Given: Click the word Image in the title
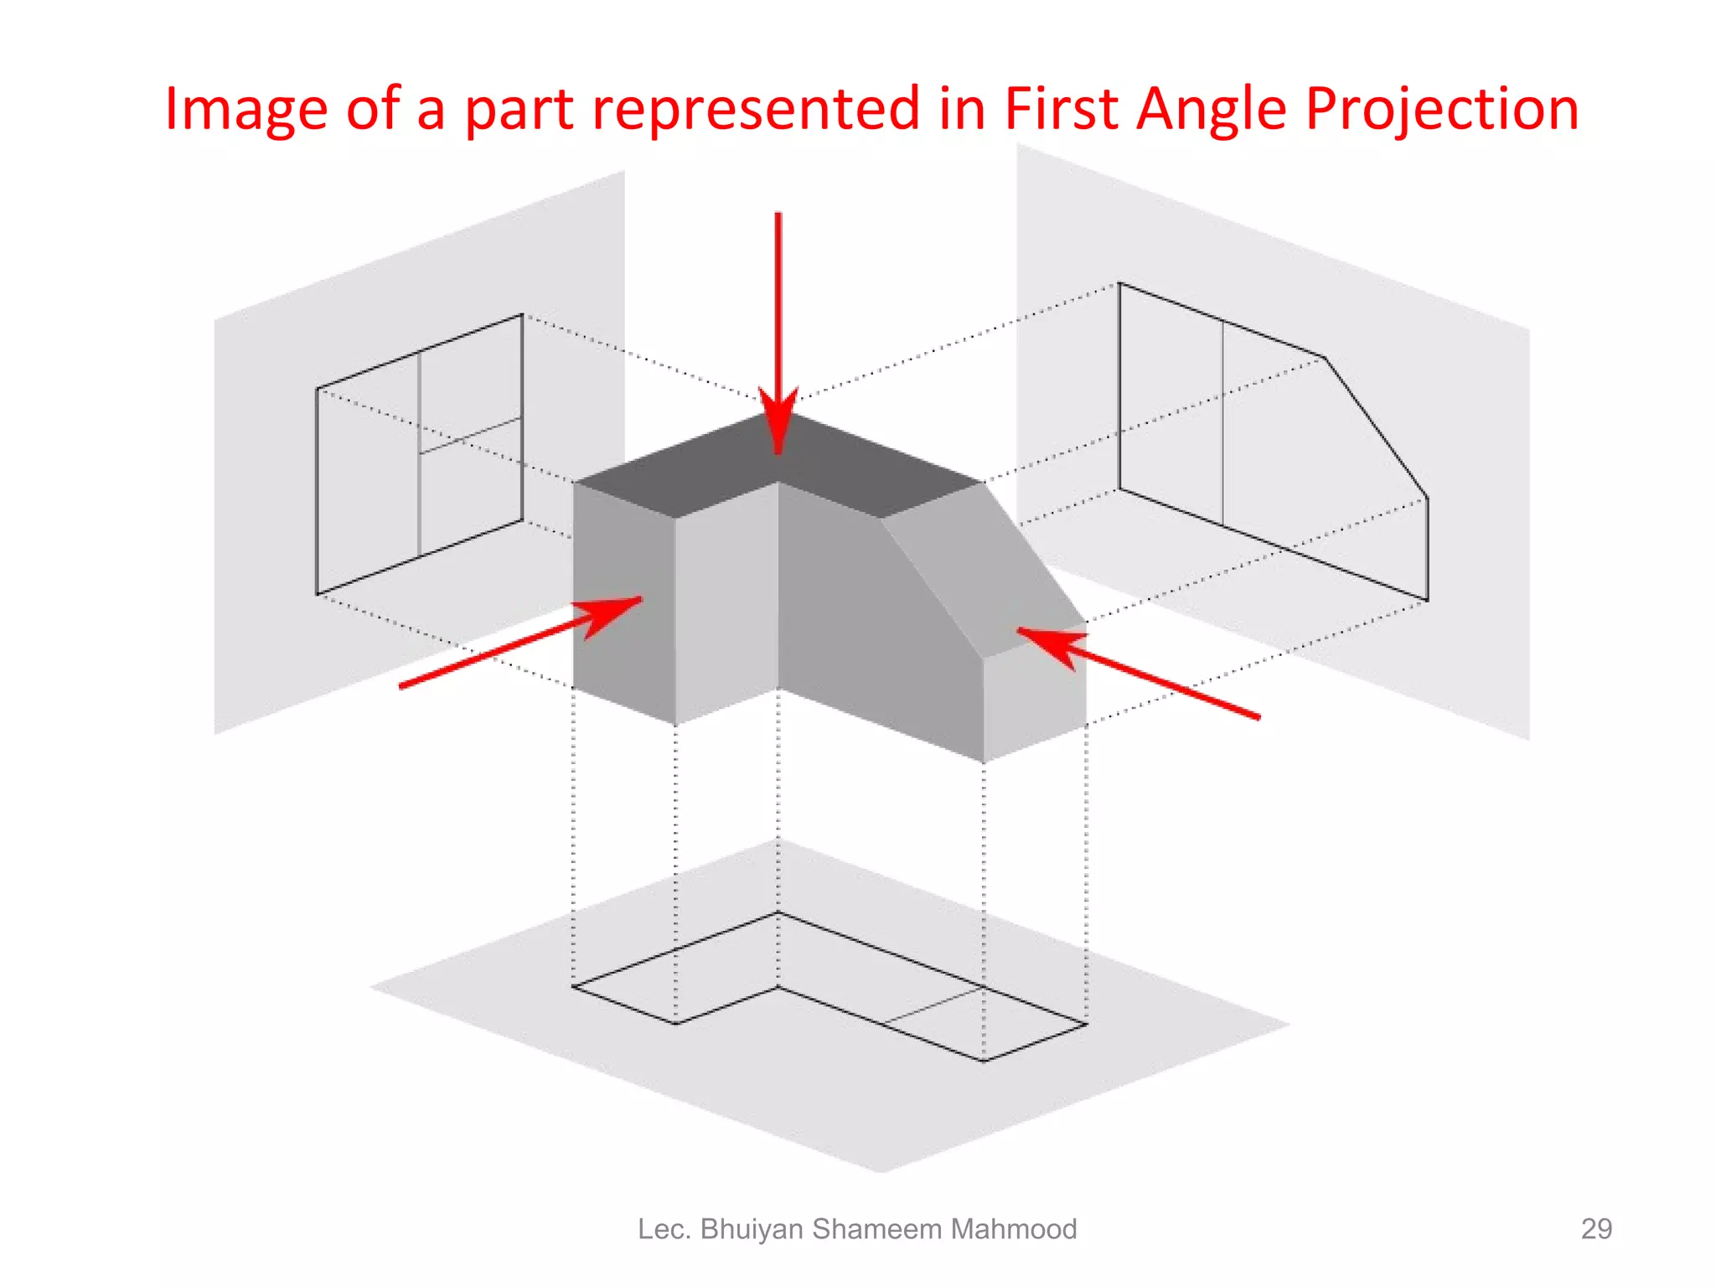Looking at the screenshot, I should [x=246, y=110].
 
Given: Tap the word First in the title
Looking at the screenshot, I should [x=1061, y=110].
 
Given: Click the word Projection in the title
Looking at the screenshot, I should [x=1442, y=110].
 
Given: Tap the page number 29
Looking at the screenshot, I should [x=1595, y=1228].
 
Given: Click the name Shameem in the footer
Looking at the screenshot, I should [x=876, y=1228].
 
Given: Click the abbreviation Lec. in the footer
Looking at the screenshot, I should [x=664, y=1228].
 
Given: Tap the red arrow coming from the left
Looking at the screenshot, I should [x=519, y=642].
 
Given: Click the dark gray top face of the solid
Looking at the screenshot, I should [x=779, y=461].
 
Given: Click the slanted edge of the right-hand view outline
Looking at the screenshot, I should [x=1376, y=427].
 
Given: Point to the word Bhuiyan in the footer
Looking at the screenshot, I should [x=752, y=1228].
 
